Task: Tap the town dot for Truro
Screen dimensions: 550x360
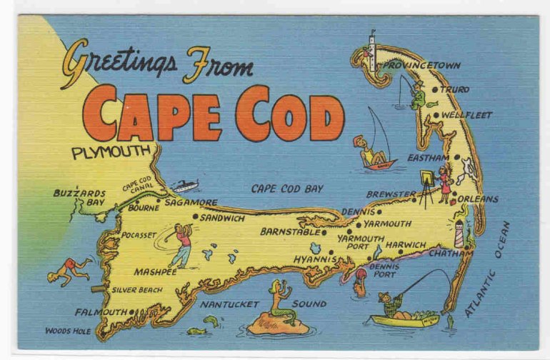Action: point(434,89)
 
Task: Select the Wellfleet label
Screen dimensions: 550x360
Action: point(466,114)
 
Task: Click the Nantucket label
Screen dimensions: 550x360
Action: point(229,304)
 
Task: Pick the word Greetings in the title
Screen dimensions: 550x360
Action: point(118,62)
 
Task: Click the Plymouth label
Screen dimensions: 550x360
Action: point(111,151)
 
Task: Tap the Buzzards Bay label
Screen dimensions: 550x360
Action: point(79,197)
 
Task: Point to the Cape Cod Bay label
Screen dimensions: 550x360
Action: point(286,189)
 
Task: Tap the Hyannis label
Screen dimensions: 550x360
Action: point(314,259)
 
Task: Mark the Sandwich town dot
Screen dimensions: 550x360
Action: point(195,217)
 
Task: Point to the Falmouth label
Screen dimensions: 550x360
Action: point(102,312)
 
